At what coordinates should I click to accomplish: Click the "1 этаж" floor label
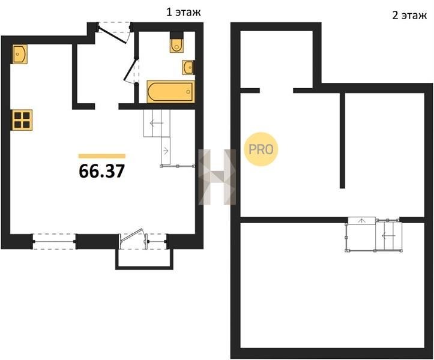tap(183, 13)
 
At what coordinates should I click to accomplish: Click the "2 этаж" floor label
tap(409, 16)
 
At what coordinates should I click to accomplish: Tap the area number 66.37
tap(102, 171)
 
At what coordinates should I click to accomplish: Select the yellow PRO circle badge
tap(261, 149)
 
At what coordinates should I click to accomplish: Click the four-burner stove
tap(22, 120)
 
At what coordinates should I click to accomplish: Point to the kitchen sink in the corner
tap(20, 54)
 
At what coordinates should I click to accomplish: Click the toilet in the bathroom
tap(176, 45)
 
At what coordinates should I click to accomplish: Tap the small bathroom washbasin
tap(188, 67)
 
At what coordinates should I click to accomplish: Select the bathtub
tap(170, 92)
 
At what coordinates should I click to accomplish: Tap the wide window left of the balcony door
tap(54, 242)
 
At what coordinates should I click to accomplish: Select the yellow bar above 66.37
tap(102, 156)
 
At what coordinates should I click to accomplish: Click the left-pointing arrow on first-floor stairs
tap(155, 123)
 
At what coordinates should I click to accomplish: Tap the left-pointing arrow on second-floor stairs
tap(388, 235)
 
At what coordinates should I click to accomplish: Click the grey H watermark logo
tap(217, 177)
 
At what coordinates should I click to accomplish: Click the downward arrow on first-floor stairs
tap(166, 151)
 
